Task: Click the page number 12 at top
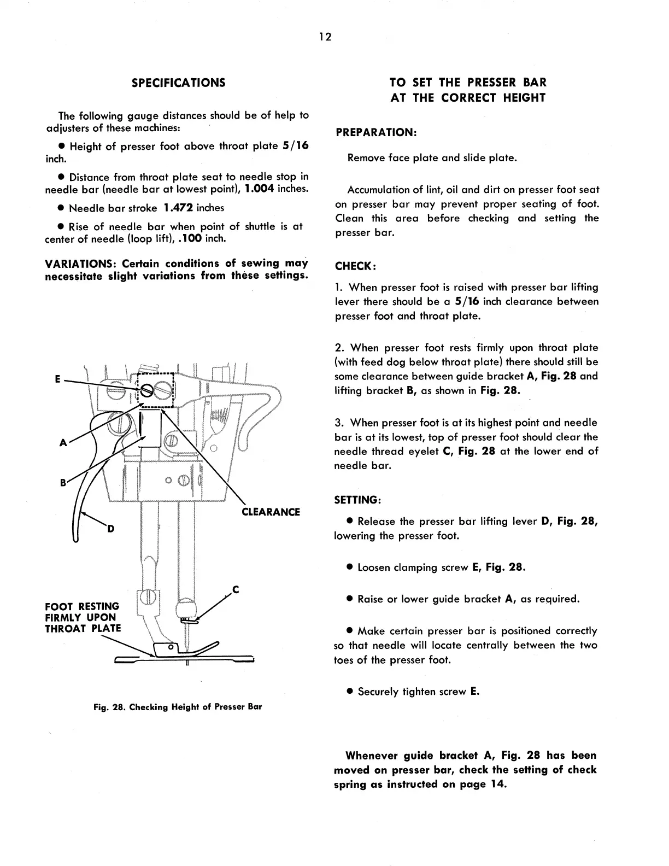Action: (325, 37)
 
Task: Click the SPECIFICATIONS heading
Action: (178, 83)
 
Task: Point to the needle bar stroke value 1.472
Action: (178, 208)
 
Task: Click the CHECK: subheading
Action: (355, 266)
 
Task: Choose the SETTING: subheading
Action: (357, 500)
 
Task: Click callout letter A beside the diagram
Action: (63, 443)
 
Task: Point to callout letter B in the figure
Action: (63, 483)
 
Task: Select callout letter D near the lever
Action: (111, 529)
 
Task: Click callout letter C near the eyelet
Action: (236, 589)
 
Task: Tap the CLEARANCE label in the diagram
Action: (271, 512)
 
